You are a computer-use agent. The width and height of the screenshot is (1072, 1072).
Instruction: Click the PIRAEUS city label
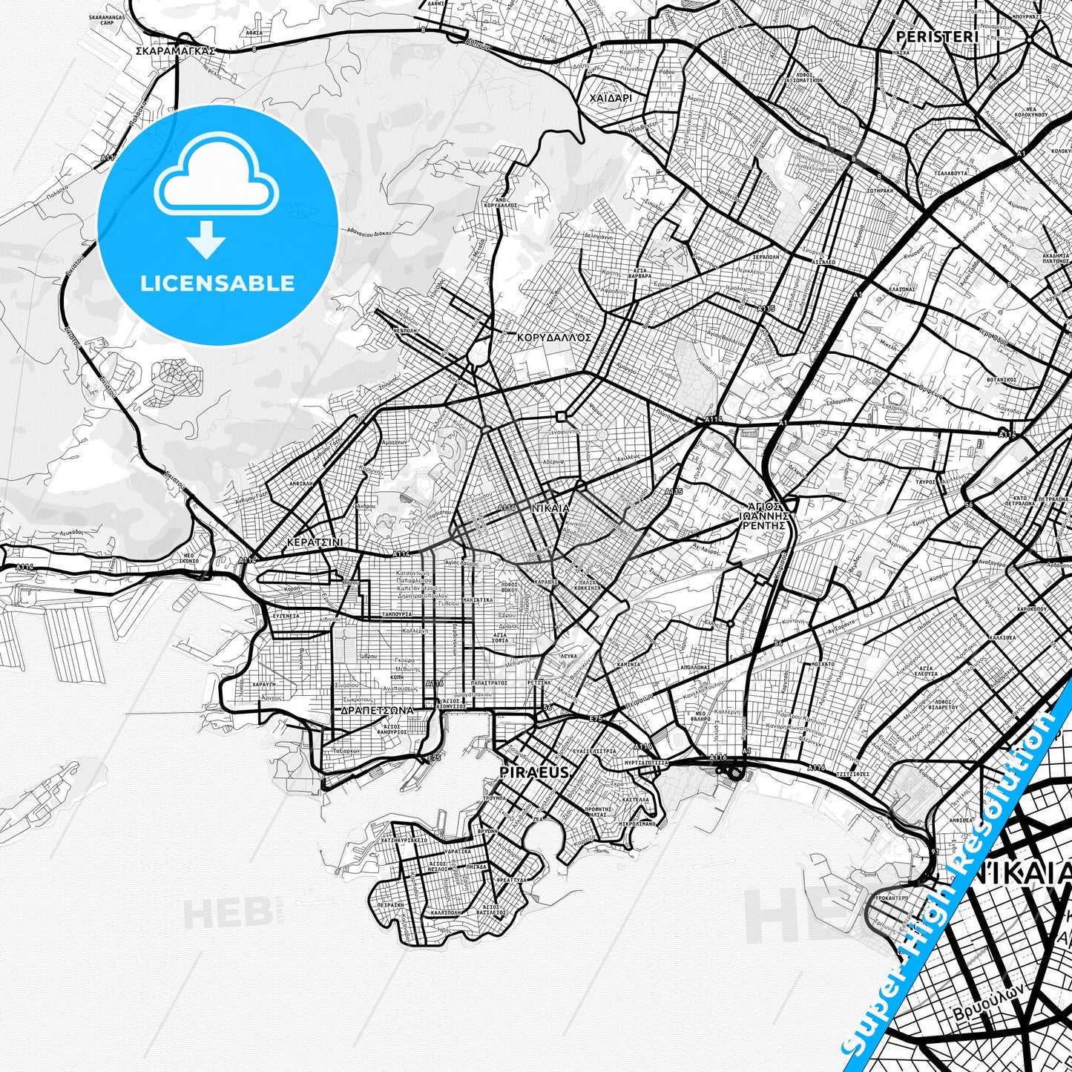[x=535, y=772]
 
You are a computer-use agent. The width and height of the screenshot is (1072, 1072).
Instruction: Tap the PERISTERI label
[x=937, y=36]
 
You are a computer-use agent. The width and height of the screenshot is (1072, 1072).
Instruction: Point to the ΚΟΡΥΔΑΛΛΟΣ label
[x=553, y=336]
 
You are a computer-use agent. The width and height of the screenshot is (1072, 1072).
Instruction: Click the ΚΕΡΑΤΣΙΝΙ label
[x=315, y=542]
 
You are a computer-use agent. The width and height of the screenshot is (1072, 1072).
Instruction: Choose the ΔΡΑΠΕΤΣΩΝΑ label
[x=377, y=710]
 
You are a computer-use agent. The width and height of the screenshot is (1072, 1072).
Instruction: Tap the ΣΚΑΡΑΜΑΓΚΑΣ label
[x=176, y=51]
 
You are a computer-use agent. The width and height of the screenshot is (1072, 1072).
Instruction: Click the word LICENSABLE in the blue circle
[x=217, y=283]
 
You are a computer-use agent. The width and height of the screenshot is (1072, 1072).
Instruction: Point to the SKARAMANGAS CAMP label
[x=107, y=19]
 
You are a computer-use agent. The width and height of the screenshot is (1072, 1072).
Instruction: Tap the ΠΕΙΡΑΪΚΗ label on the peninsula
[x=390, y=906]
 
